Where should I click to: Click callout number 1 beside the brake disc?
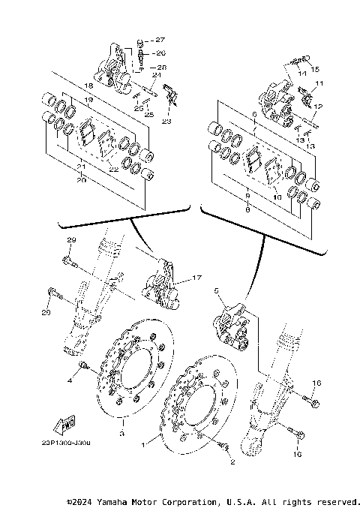[x=155, y=435]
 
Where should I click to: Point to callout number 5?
[x=217, y=290]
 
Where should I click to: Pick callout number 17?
[x=198, y=278]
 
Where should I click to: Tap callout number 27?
[x=160, y=38]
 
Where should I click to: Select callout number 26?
[x=160, y=53]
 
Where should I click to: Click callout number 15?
[x=315, y=68]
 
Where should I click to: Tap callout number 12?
[x=318, y=107]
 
